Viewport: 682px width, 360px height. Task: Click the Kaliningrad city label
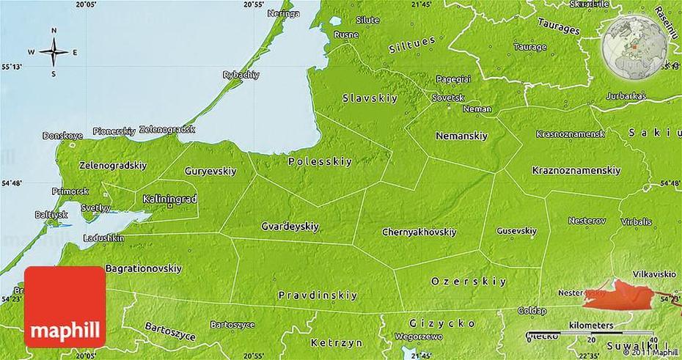coord(169,198)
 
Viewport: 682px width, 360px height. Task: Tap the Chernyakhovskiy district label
coord(419,232)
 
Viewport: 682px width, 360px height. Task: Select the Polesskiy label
coord(320,161)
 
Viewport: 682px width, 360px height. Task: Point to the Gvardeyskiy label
coord(290,227)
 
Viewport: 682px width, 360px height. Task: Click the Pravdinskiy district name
coord(318,295)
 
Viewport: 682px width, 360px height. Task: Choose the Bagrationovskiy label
coord(143,268)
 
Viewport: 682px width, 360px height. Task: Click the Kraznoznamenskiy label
coord(576,171)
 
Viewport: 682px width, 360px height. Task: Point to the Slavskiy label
coord(365,98)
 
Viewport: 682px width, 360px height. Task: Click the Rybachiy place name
coord(241,75)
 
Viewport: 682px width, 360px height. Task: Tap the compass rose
coord(54,52)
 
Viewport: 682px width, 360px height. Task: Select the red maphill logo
coord(65,306)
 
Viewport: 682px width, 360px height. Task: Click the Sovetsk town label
coord(447,97)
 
